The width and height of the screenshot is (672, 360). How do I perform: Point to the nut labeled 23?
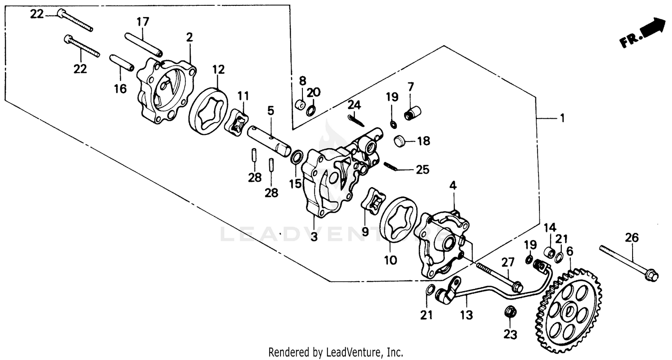click(x=509, y=311)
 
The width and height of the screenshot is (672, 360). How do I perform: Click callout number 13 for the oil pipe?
click(x=466, y=315)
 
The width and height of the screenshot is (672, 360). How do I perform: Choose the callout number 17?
click(x=143, y=21)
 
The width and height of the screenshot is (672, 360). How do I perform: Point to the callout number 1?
click(x=561, y=118)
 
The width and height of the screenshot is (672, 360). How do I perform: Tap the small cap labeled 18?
click(x=400, y=141)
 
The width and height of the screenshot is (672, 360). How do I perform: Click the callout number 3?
click(x=314, y=237)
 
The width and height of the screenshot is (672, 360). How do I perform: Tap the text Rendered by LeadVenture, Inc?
click(x=336, y=352)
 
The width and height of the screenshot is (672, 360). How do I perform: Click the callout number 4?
click(x=453, y=185)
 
